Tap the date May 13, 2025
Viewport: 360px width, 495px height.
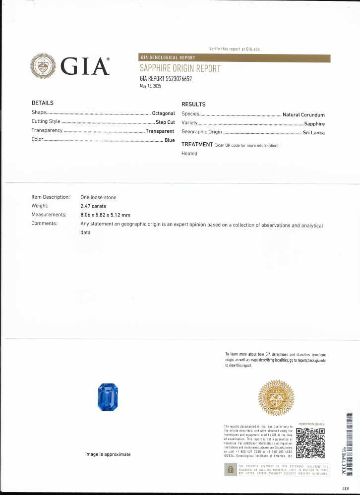[x=151, y=86]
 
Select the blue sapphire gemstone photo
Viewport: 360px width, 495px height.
[x=108, y=396]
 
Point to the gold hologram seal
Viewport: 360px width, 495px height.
[x=276, y=398]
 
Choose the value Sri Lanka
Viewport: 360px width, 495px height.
[x=313, y=132]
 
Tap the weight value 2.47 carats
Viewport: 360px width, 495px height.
[x=93, y=206]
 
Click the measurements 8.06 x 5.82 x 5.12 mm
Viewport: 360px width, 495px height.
[x=105, y=215]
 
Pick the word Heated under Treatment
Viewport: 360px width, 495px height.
[x=189, y=154]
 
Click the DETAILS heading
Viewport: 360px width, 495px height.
[x=42, y=103]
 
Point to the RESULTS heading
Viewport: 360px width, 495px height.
[x=193, y=105]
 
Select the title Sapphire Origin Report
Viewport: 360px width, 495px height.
[x=180, y=68]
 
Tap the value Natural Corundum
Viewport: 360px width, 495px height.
[x=303, y=115]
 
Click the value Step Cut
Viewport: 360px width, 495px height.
[x=165, y=122]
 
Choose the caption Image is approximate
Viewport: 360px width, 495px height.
[x=108, y=454]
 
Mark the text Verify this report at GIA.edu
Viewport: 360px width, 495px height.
[x=235, y=49]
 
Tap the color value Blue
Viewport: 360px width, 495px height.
[x=170, y=141]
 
